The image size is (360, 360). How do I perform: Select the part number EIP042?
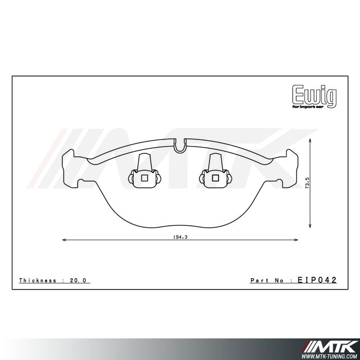pyautogui.click(x=317, y=280)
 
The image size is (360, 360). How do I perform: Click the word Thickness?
pyautogui.click(x=39, y=280)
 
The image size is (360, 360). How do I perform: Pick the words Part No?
pyautogui.click(x=268, y=280)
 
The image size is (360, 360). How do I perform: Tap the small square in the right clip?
pyautogui.click(x=214, y=178)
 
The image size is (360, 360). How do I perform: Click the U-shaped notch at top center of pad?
pyautogui.click(x=179, y=146)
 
